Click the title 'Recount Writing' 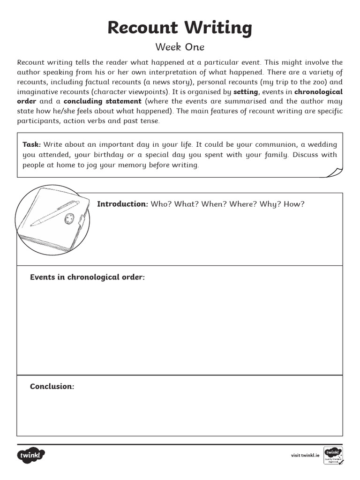[180, 28]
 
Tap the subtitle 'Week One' [180, 47]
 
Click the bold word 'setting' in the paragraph [246, 92]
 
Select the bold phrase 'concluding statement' [102, 101]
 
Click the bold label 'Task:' [32, 145]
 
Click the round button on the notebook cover [70, 218]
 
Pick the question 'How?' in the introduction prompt [293, 204]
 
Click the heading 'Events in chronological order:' [88, 277]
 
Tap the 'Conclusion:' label [52, 386]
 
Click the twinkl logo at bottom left [31, 455]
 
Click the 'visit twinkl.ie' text [305, 455]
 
